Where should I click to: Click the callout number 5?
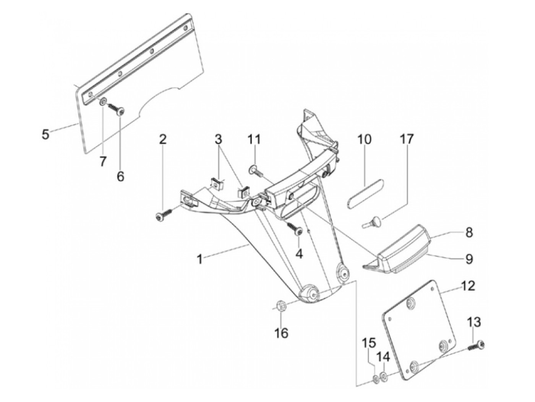pos(45,134)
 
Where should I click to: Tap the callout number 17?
pos(407,139)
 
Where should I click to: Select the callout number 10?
pos(365,139)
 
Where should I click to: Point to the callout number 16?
pos(281,333)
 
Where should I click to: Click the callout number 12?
pos(468,286)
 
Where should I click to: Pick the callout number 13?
pos(474,323)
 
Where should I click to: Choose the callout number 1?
pos(200,259)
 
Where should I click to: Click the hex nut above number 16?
pos(281,306)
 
